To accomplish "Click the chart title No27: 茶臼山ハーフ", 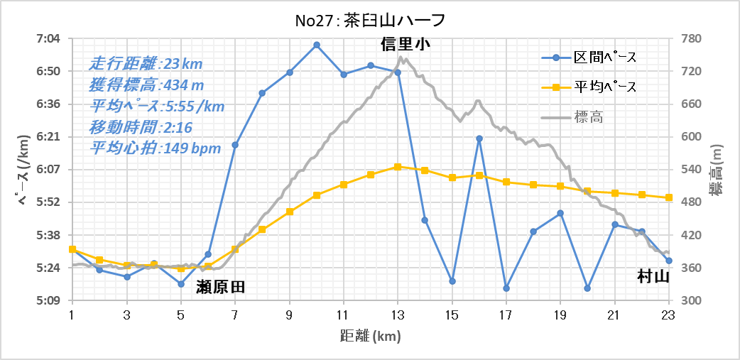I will coord(369,19).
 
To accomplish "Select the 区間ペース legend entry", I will coord(604,57).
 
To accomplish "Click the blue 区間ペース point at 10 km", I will coord(317,45).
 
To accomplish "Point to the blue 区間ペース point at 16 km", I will coord(479,138).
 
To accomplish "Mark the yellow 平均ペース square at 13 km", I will coord(398,166).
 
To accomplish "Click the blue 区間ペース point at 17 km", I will coord(506,288).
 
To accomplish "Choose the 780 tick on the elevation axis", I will coord(692,38).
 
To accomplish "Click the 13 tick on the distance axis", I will coord(398,314).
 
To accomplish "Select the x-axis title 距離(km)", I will coord(369,334).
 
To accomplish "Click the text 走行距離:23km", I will coord(146,63).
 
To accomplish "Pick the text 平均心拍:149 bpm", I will coord(155,148).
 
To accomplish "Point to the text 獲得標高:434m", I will coord(146,85).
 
